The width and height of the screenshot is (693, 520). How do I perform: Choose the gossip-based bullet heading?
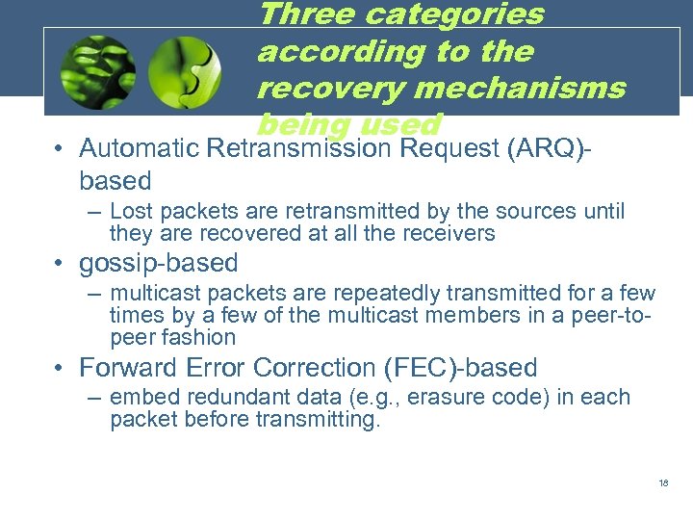[158, 263]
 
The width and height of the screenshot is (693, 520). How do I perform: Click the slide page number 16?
[663, 483]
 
